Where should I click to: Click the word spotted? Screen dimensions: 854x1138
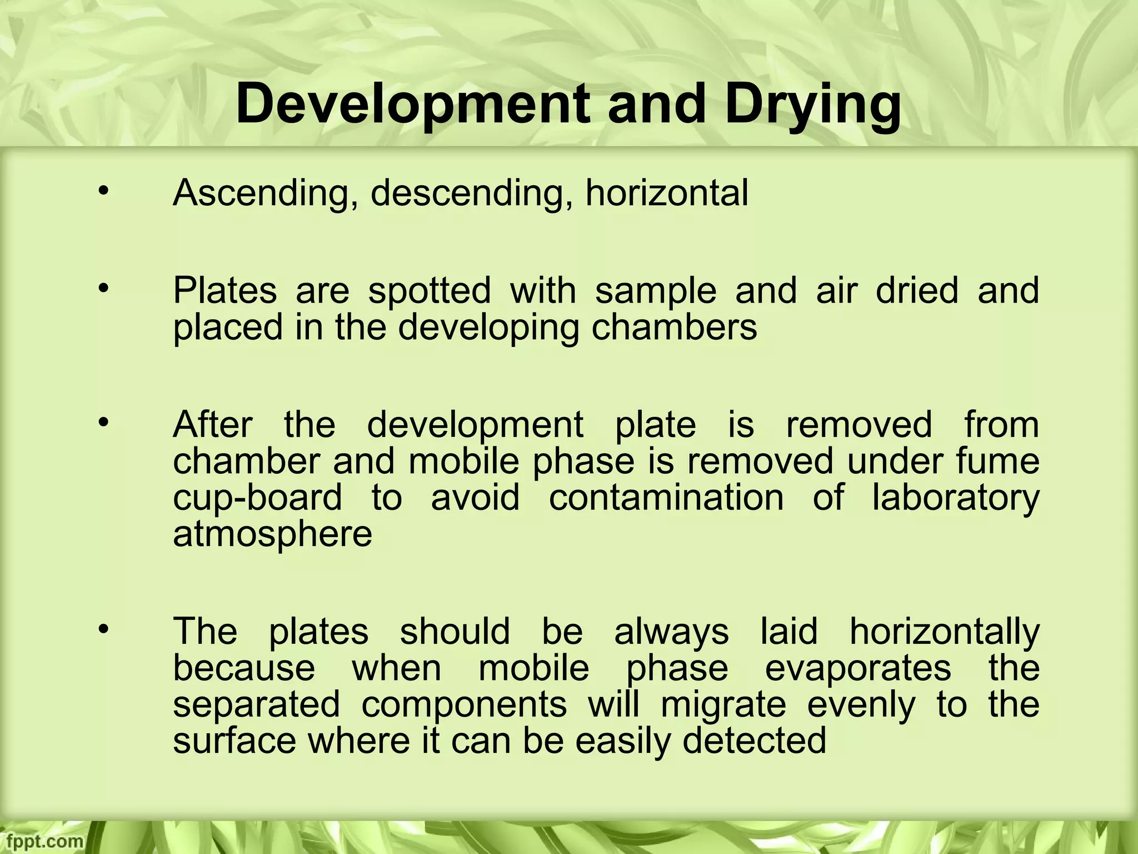[x=430, y=291]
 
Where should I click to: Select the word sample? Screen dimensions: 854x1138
[x=656, y=291]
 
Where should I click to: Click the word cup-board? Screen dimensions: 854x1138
[x=257, y=498]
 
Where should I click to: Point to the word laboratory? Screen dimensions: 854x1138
[x=955, y=499]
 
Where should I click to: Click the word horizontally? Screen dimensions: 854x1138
[x=945, y=632]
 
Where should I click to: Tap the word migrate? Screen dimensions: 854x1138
[x=723, y=705]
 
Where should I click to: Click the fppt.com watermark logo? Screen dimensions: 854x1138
[x=42, y=841]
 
